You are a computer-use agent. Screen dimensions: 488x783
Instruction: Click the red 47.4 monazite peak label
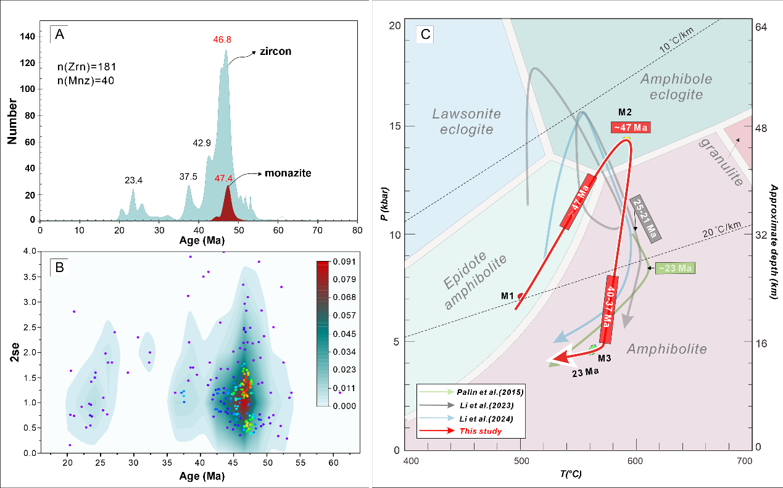point(224,179)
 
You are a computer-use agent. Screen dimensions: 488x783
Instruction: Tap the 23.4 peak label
point(133,181)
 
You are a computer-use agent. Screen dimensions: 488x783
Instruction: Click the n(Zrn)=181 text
point(83,66)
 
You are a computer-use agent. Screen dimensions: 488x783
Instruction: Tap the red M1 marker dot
point(521,296)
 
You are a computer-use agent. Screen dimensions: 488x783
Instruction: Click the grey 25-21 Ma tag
point(645,219)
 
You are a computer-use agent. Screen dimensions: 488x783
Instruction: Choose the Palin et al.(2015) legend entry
point(481,392)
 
